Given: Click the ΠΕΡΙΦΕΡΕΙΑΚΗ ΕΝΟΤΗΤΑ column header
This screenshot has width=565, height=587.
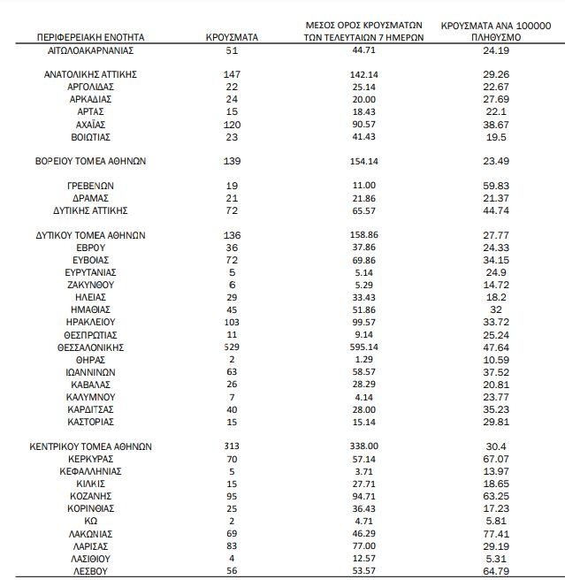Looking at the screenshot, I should tap(90, 38).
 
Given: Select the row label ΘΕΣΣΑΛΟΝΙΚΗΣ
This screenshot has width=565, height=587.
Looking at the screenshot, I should tap(90, 348).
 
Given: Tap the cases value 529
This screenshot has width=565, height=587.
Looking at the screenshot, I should tap(232, 348).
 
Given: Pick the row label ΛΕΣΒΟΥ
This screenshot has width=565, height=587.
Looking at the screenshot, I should tap(90, 572).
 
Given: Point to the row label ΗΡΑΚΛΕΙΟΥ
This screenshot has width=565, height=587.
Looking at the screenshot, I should tap(90, 324).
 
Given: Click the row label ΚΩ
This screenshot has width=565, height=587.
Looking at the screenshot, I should tap(90, 522).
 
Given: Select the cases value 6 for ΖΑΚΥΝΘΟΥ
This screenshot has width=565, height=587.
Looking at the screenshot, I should tap(232, 286).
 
